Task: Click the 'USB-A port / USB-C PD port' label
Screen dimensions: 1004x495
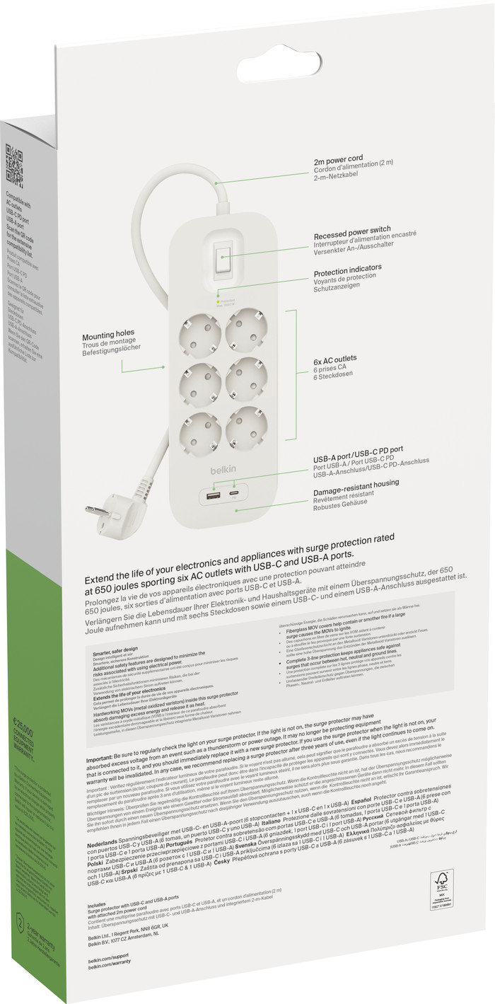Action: coord(359,449)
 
